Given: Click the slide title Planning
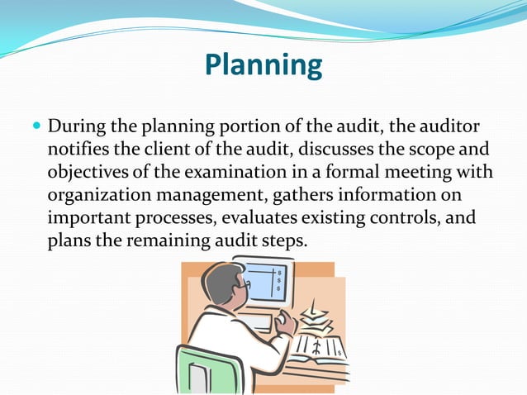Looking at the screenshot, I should coord(263,64).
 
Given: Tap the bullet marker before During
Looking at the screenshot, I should coord(35,129).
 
